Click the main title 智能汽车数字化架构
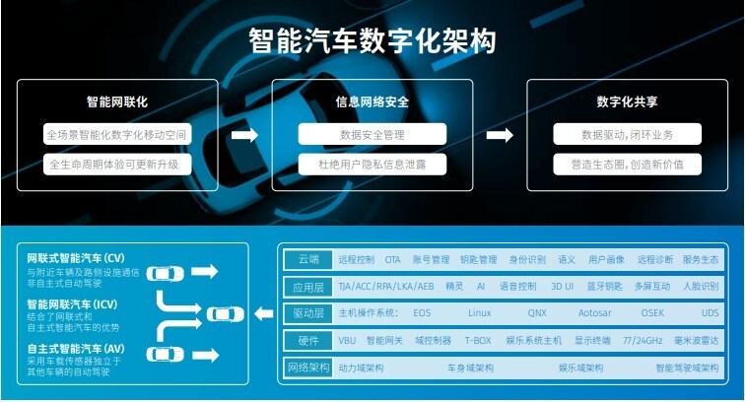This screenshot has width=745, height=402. click(372, 40)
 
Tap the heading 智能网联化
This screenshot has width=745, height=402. click(116, 101)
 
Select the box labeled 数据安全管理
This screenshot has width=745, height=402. click(372, 134)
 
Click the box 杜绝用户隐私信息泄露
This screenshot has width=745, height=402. click(372, 164)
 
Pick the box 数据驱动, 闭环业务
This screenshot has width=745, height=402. click(627, 134)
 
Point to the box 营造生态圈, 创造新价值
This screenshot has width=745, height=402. click(627, 164)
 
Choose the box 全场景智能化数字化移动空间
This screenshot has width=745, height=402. click(116, 134)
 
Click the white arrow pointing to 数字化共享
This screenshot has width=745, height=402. click(501, 134)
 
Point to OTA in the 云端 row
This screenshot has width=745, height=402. click(392, 260)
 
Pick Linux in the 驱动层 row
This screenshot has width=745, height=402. click(479, 313)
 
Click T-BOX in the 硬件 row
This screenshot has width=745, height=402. click(478, 341)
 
